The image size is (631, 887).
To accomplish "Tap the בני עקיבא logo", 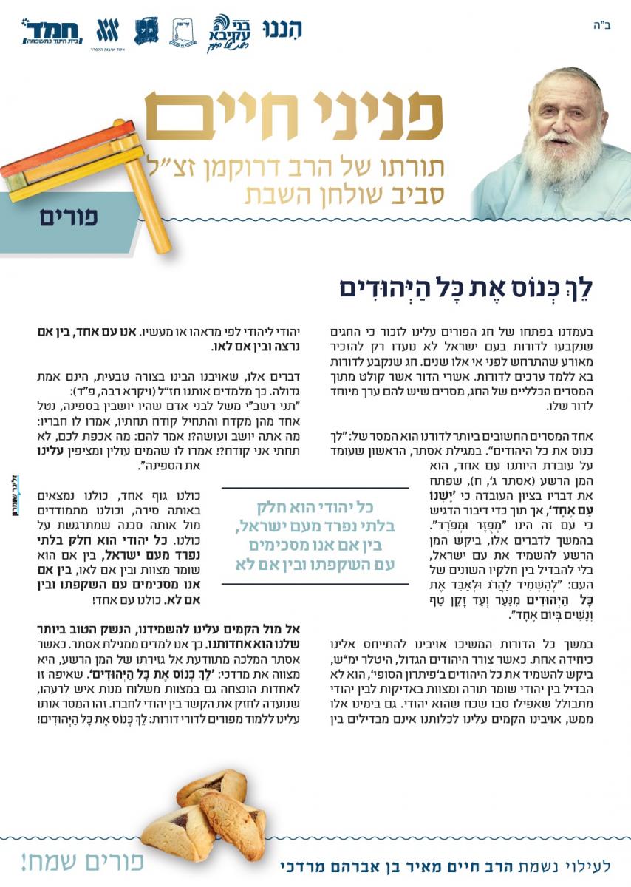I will click(232, 32).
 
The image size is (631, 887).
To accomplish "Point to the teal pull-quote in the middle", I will click(315, 536).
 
